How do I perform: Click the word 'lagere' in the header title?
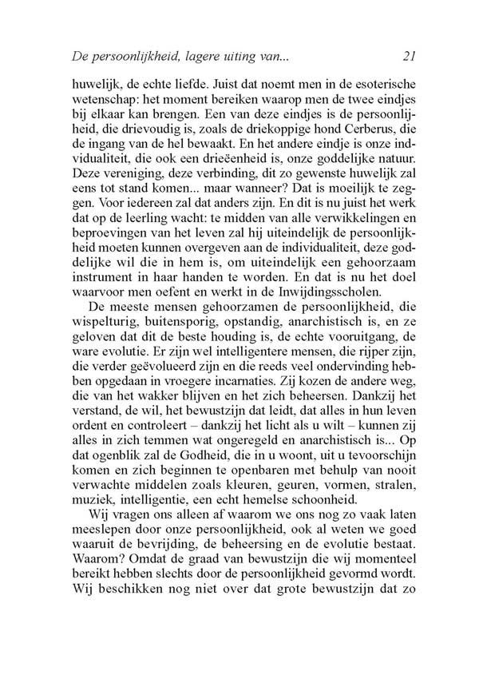(208, 57)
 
